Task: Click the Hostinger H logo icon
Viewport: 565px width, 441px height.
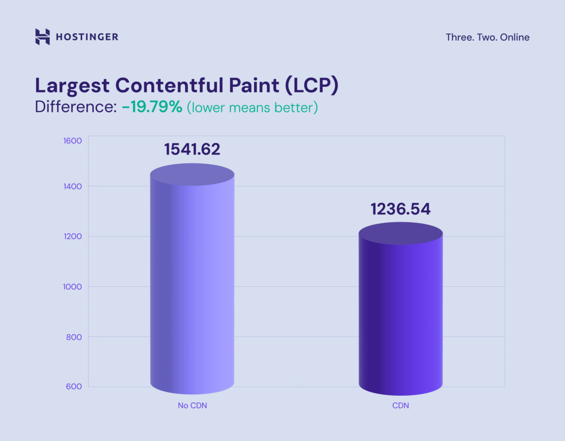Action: click(42, 37)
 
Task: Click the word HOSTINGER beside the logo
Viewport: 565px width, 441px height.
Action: click(87, 38)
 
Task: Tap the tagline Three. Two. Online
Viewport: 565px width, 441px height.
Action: click(487, 38)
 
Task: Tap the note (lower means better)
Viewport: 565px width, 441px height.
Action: click(253, 107)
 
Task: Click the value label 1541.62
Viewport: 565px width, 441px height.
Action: click(192, 149)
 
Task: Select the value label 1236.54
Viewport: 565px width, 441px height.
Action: click(401, 209)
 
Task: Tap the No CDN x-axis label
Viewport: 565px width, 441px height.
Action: click(192, 406)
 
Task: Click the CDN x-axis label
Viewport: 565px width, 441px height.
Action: click(401, 406)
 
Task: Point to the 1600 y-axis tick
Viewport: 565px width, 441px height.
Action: click(73, 140)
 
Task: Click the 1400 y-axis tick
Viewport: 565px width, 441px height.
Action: click(73, 186)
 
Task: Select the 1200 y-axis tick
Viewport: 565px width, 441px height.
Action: click(73, 237)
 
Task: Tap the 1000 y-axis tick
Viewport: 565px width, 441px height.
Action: click(73, 286)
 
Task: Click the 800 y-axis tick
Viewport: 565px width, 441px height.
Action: click(74, 337)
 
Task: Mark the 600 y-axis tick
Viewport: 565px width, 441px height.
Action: click(74, 386)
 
